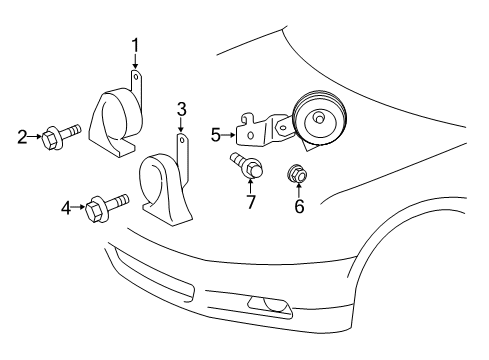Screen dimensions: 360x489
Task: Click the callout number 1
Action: pos(135,44)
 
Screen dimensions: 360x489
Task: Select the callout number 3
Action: pos(181,108)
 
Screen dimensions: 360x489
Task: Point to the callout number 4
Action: pos(66,208)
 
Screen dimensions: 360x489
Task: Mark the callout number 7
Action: pos(250,202)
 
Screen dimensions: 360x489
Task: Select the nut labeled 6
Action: pos(297,173)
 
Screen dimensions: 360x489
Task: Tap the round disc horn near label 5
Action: pos(318,119)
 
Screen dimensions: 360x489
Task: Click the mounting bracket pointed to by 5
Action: pos(258,129)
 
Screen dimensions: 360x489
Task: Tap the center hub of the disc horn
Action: pos(319,118)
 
